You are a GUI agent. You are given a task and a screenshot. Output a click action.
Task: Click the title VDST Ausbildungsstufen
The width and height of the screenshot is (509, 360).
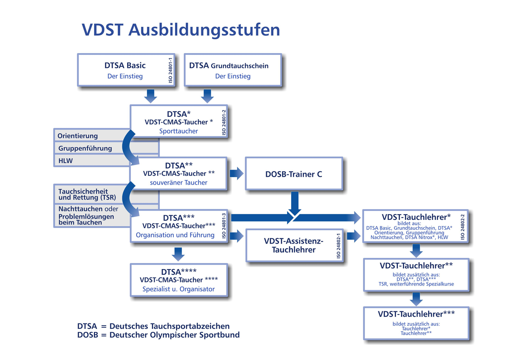[x=181, y=30]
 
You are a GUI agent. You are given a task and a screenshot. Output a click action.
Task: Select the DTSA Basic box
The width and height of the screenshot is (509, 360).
[x=125, y=70]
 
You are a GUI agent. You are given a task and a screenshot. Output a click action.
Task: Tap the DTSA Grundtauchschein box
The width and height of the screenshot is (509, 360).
[x=232, y=70]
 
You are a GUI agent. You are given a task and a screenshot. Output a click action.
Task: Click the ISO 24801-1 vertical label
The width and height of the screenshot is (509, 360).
[x=170, y=70]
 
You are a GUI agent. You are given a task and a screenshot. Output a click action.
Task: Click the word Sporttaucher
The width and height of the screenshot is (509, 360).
[x=179, y=131]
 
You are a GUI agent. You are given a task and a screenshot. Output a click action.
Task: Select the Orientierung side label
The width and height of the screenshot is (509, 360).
[x=78, y=136]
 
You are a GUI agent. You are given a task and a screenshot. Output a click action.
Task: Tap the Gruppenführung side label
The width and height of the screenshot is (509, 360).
[x=85, y=148]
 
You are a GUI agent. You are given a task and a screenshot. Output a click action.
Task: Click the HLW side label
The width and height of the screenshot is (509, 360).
[x=65, y=160]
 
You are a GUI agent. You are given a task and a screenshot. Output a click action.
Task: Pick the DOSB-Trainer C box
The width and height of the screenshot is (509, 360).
[x=294, y=174]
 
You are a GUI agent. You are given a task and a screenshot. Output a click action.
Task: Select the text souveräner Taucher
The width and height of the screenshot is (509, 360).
[x=179, y=182]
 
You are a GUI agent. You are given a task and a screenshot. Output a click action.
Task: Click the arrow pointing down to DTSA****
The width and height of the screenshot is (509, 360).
[x=178, y=253]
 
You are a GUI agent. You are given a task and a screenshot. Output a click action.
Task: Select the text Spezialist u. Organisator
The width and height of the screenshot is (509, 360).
[x=179, y=289]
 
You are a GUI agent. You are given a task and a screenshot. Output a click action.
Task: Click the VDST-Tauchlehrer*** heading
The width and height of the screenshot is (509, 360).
[x=416, y=314]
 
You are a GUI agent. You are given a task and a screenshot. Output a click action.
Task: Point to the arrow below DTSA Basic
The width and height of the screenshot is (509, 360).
[x=150, y=95]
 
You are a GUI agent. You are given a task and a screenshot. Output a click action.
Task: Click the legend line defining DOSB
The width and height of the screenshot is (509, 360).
[x=159, y=335]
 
